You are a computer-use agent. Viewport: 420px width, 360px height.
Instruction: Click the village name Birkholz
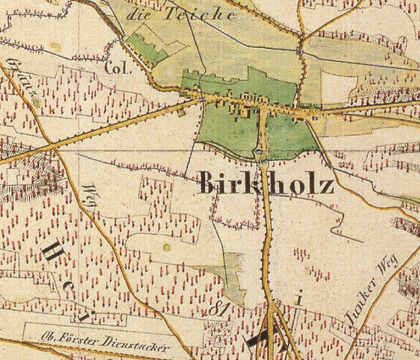coord(266,182)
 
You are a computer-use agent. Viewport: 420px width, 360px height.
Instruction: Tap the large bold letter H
coord(54,255)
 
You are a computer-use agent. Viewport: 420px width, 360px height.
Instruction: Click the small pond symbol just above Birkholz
coord(259,154)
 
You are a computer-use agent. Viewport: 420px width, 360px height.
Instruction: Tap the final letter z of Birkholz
coord(326,183)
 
